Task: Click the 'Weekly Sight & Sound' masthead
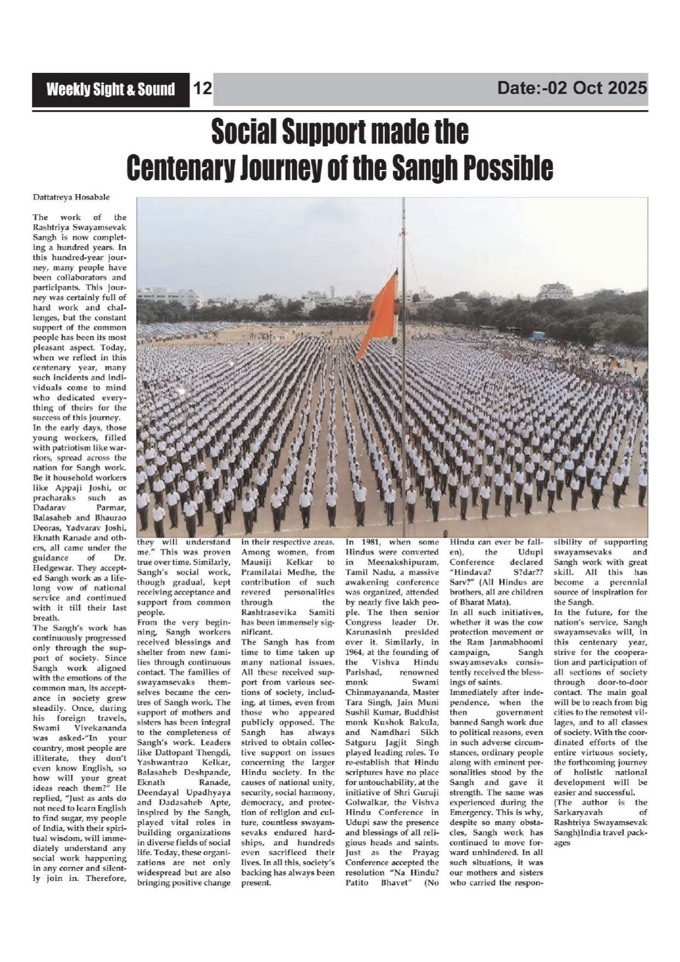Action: pos(111,89)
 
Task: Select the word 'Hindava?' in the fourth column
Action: pos(469,572)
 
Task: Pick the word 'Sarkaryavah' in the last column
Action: pos(578,812)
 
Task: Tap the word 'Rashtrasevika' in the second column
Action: pos(271,612)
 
